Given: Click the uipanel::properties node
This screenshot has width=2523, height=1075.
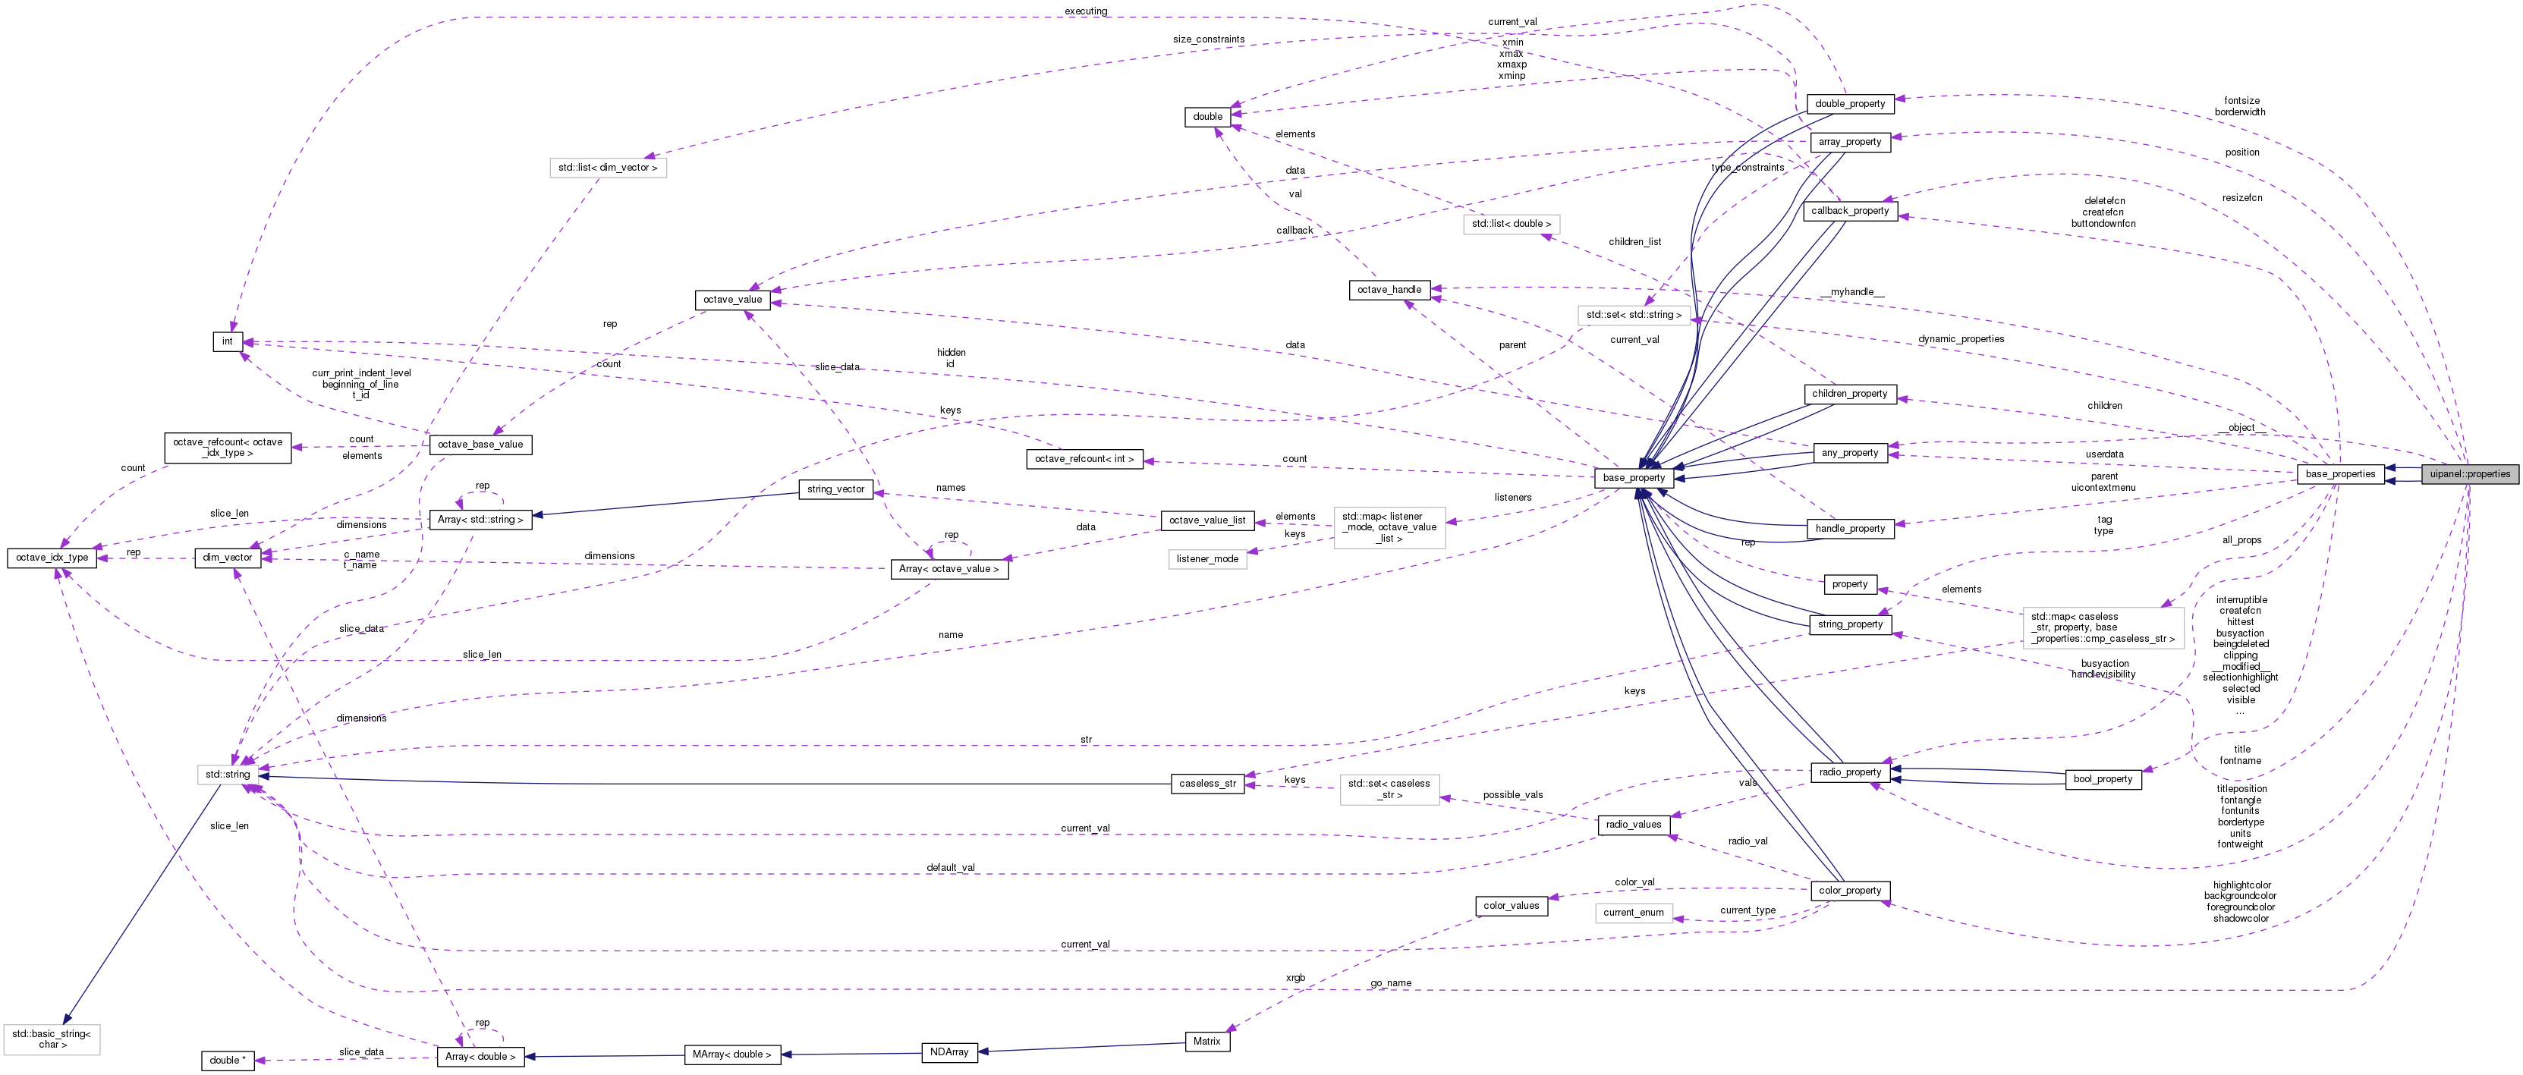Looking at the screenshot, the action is (2469, 474).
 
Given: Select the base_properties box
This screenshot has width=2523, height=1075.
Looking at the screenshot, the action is (2340, 474).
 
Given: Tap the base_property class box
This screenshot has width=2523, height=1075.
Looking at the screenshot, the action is (1633, 478).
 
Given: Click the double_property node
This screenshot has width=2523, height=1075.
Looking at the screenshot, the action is (1849, 104).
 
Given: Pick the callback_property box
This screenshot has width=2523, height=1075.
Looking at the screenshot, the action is (1849, 210).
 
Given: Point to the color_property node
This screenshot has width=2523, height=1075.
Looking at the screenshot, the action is (1849, 890).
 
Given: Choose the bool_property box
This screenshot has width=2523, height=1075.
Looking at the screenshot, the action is (2103, 778).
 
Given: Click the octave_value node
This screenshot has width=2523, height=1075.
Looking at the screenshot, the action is (731, 300).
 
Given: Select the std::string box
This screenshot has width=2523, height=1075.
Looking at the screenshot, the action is (227, 775).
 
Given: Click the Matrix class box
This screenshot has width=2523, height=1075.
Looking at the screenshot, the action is (1206, 1041).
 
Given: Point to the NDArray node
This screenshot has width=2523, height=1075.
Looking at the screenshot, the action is (949, 1051).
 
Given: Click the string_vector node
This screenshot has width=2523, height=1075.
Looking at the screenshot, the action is (835, 489).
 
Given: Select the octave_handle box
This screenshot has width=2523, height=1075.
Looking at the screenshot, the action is (1389, 290).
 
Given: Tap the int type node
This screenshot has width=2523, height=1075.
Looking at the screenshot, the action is (227, 341).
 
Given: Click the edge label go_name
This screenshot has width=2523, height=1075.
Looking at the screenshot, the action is (1391, 983).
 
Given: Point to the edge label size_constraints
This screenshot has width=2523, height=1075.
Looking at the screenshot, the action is (1209, 39).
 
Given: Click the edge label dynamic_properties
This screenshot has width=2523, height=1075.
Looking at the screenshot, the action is (1961, 339).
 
